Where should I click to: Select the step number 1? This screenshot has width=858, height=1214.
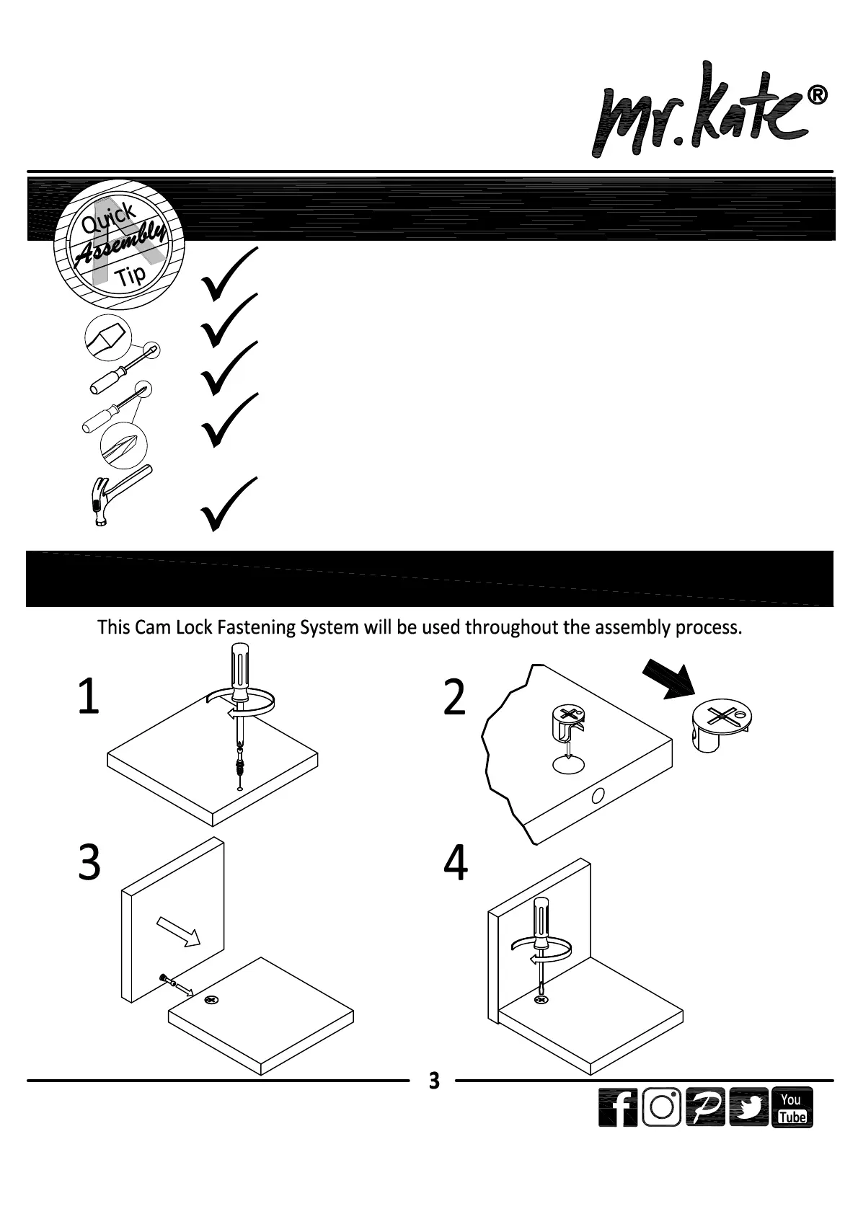pyautogui.click(x=88, y=698)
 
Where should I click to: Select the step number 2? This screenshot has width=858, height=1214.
pyautogui.click(x=455, y=698)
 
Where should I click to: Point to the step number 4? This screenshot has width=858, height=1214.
pyautogui.click(x=456, y=864)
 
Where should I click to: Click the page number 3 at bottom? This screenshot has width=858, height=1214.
pyautogui.click(x=433, y=1081)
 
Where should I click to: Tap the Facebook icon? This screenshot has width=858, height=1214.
pyautogui.click(x=618, y=1108)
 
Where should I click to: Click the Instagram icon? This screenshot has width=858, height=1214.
pyautogui.click(x=661, y=1108)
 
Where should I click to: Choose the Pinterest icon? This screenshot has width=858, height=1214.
pyautogui.click(x=705, y=1108)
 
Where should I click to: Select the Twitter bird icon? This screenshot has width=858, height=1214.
pyautogui.click(x=748, y=1108)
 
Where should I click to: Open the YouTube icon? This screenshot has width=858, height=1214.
pyautogui.click(x=792, y=1108)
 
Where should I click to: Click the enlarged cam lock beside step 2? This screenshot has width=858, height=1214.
pyautogui.click(x=721, y=725)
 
